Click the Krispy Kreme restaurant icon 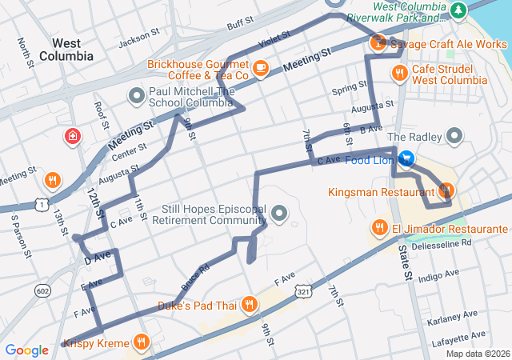142,343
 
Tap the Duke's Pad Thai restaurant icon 249,304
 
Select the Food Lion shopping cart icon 406,160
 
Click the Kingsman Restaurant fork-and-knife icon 446,190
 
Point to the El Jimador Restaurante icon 380,228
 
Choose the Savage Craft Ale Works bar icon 377,43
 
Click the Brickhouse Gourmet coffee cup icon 260,69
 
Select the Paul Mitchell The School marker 136,97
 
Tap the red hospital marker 74,136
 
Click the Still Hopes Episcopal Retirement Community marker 279,213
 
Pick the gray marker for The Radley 455,136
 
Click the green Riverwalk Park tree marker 458,10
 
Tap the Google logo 26,350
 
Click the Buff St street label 239,26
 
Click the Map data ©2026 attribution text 477,354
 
